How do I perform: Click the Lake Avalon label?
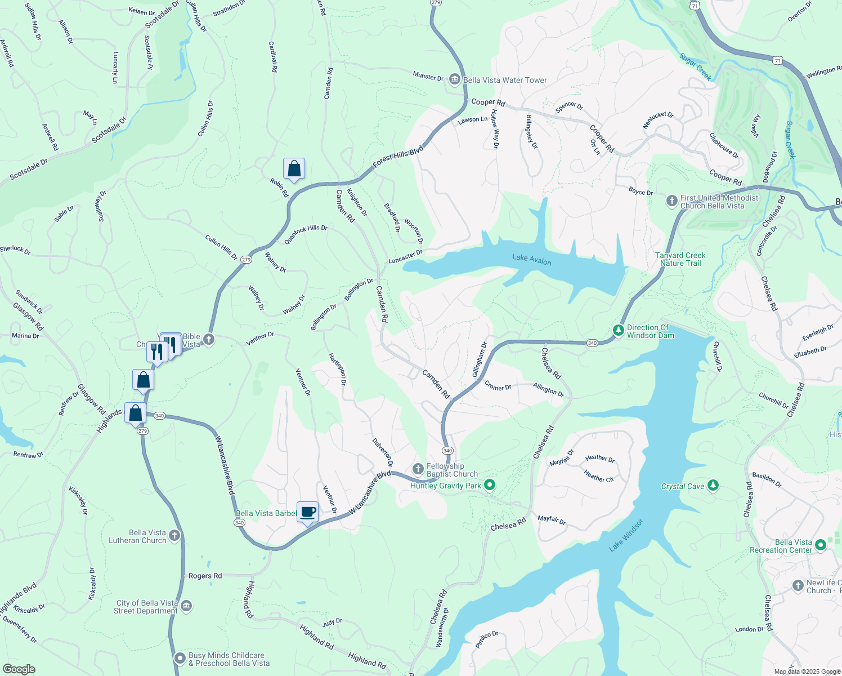point(531,259)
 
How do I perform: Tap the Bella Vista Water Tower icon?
point(454,80)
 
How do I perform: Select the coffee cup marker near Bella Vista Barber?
point(307,512)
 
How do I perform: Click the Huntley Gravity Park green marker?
point(490,484)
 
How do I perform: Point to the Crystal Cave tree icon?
point(713,486)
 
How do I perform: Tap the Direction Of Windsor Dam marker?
point(619,330)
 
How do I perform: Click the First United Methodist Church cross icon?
point(671,201)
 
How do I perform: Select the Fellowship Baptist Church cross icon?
point(418,469)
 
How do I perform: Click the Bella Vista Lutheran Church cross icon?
point(174,536)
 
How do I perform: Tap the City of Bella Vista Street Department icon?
point(186,606)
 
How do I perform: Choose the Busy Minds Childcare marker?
point(180,658)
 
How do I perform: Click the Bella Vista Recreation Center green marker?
point(820,545)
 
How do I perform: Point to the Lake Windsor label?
point(626,535)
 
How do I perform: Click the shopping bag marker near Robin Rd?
point(294,168)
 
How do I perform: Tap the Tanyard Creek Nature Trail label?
point(680,259)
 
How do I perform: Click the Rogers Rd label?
point(205,576)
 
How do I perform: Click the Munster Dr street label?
point(428,76)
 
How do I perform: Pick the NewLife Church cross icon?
point(798,586)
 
